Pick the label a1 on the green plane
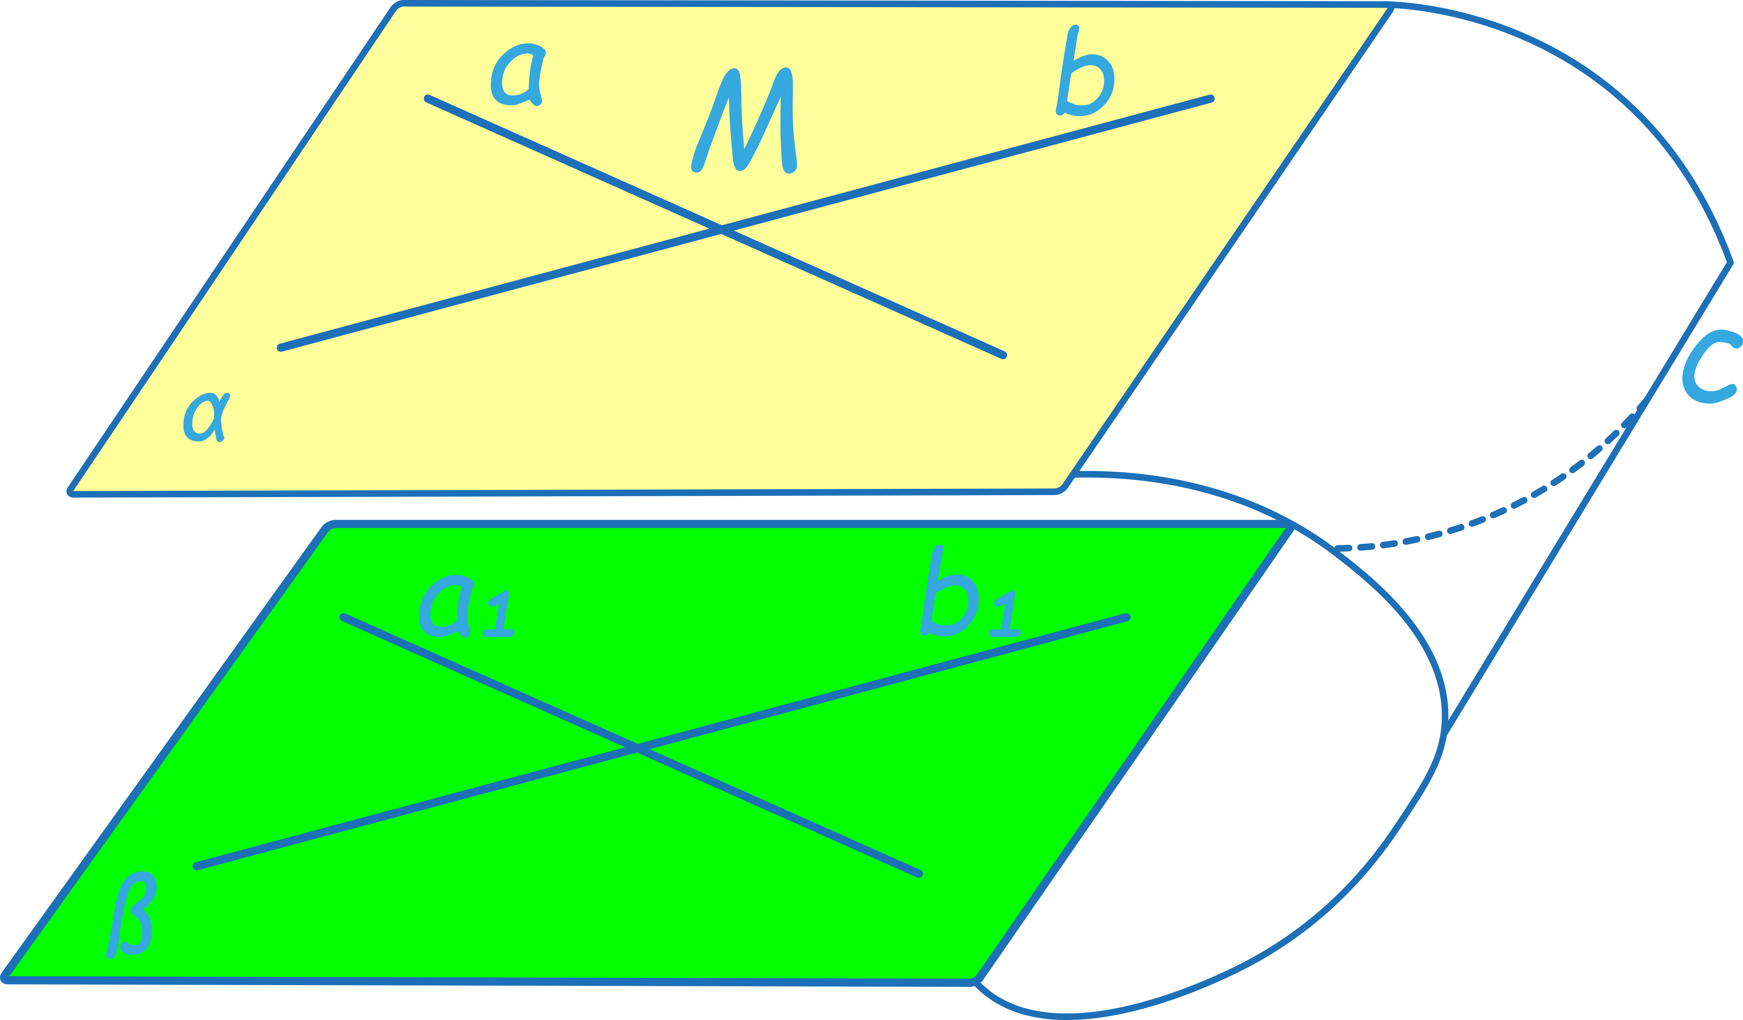tap(463, 608)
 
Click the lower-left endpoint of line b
tap(280, 348)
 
